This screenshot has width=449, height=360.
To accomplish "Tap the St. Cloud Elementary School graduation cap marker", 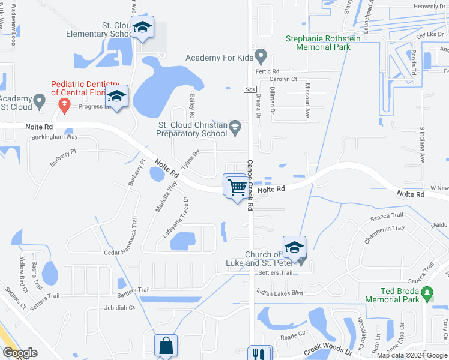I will tap(142, 28).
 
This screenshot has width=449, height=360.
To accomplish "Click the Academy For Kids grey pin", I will tap(261, 58).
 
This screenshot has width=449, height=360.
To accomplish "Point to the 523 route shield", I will tap(250, 89).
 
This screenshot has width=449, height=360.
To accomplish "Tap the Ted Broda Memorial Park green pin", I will tap(427, 293).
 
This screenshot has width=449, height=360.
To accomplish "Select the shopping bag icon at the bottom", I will tap(166, 346).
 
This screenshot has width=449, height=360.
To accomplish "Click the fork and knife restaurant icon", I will tap(259, 355).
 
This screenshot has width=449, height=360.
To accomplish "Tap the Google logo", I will tap(20, 353).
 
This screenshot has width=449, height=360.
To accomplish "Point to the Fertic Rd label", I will tap(267, 71).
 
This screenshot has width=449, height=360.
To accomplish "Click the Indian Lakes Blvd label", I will tap(279, 293).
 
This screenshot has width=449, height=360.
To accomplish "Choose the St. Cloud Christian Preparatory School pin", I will tap(235, 125).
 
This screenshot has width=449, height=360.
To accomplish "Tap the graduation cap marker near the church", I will tap(295, 247).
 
